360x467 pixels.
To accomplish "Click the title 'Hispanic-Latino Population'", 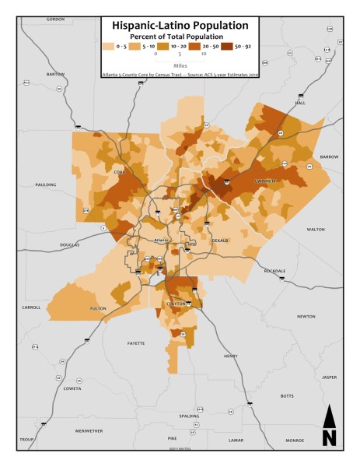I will (x=180, y=25).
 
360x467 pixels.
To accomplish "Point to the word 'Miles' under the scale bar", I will (x=180, y=65).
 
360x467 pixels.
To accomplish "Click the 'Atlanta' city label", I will (x=162, y=240).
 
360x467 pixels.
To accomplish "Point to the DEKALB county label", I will (x=220, y=241).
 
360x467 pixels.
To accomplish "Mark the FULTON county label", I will (x=98, y=308).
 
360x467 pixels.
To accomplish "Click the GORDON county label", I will (x=55, y=19).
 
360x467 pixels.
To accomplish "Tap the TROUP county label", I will (x=27, y=440).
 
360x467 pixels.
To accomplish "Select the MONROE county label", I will (x=295, y=440).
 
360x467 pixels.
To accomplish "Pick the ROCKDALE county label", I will (x=274, y=271).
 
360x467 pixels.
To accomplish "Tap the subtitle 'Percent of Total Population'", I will (x=180, y=37).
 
